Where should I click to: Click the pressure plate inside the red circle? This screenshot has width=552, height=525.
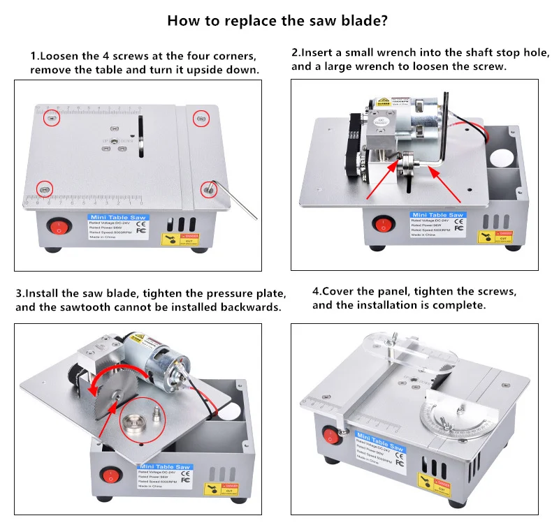coord(132,423)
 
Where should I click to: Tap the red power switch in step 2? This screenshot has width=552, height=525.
coord(382,224)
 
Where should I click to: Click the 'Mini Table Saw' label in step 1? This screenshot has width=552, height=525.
coord(113,217)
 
